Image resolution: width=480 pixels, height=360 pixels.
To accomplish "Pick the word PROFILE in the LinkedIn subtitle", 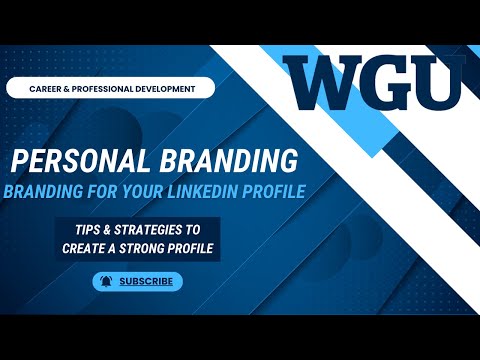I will pos(272,190).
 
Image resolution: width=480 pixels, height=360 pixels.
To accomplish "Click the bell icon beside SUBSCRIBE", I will pos(104,282).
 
